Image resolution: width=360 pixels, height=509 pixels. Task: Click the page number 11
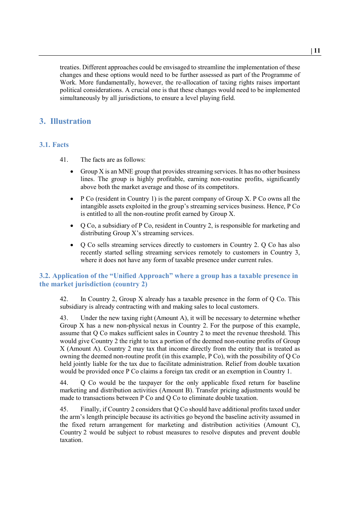click(x=317, y=51)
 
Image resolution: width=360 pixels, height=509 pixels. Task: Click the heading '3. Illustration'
click(x=65, y=121)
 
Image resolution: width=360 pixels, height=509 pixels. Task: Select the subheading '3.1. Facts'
click(x=54, y=145)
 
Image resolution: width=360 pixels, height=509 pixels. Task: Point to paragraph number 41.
click(x=64, y=160)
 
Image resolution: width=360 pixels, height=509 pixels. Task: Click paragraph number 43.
click(x=64, y=318)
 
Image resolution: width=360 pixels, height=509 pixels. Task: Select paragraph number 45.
click(x=64, y=409)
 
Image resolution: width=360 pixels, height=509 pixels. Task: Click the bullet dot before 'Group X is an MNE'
click(x=72, y=172)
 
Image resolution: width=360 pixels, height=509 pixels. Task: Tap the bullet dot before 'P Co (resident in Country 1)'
click(x=72, y=199)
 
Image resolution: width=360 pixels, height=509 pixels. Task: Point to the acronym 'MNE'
click(x=125, y=172)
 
